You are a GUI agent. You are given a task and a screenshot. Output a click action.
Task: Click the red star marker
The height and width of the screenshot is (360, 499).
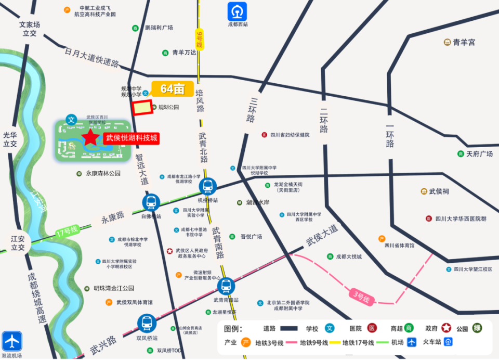pyautogui.click(x=90, y=138)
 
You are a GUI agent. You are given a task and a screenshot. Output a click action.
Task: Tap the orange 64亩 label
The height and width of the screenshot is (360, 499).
pyautogui.click(x=172, y=89)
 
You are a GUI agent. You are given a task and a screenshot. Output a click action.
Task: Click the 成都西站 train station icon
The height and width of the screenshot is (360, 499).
pyautogui.click(x=238, y=11)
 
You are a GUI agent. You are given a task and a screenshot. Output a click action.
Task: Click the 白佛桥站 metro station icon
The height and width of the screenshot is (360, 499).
pyautogui.click(x=151, y=203)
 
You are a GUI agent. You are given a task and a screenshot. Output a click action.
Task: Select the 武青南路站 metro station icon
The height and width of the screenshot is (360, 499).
pyautogui.click(x=226, y=286)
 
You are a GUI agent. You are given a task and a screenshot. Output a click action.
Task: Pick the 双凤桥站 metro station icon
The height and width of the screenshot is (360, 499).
pyautogui.click(x=147, y=323)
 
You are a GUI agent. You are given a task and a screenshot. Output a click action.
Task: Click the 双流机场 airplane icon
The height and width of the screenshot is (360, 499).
pyautogui.click(x=11, y=341)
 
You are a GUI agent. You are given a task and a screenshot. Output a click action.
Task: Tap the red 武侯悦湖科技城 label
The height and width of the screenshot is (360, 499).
pyautogui.click(x=131, y=138)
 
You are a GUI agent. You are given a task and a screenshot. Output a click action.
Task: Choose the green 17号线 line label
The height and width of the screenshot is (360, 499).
pyautogui.click(x=67, y=230)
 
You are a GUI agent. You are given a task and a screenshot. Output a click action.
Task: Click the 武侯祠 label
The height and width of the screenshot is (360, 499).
pyautogui.click(x=439, y=191)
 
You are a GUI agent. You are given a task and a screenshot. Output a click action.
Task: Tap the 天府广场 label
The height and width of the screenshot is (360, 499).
pyautogui.click(x=479, y=154)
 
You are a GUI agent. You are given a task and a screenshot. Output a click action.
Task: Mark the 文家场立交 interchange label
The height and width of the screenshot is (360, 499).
pyautogui.click(x=30, y=29)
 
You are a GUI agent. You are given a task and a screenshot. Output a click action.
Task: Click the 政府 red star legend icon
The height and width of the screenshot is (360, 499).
pyautogui.click(x=446, y=328)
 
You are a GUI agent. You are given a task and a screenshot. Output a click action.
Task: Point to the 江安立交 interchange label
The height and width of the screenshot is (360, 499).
pyautogui.click(x=17, y=243)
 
